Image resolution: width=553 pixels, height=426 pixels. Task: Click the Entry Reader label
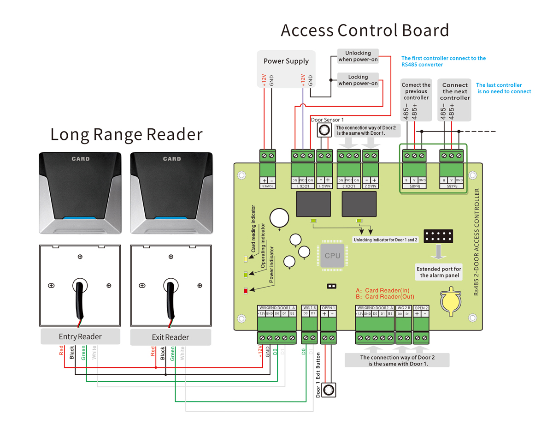(x=80, y=337)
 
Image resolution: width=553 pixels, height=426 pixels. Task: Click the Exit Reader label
(x=171, y=337)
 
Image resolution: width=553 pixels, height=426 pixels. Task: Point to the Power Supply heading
(x=286, y=61)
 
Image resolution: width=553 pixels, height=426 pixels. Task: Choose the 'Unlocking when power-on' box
(x=358, y=56)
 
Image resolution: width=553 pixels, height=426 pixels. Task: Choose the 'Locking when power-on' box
(x=358, y=80)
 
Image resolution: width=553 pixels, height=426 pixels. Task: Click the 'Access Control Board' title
(x=365, y=30)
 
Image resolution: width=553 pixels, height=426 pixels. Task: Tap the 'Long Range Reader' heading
(x=126, y=134)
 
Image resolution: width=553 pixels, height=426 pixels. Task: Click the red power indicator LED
(x=246, y=290)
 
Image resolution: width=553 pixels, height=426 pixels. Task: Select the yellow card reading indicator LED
(x=246, y=259)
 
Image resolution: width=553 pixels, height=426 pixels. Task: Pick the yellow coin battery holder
(x=449, y=302)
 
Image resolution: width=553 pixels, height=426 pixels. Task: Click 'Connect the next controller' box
(x=455, y=91)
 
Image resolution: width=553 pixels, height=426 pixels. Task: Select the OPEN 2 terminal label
(x=421, y=308)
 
